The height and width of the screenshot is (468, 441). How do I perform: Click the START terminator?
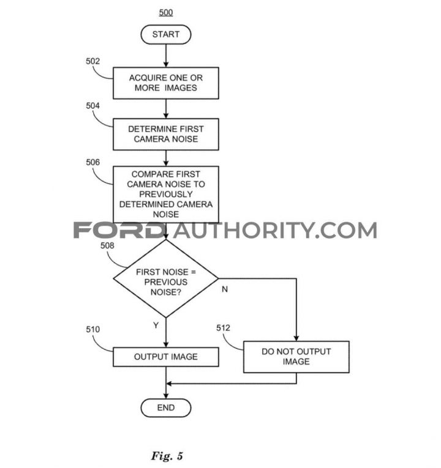(166, 35)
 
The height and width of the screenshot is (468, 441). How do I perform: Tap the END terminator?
(166, 407)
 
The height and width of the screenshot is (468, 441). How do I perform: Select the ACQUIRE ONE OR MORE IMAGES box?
(166, 83)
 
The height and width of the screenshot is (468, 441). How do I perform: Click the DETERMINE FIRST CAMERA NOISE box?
(166, 135)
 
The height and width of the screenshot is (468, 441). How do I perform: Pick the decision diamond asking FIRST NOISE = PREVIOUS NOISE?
(166, 279)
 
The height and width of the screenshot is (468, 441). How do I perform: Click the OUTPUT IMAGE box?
(166, 357)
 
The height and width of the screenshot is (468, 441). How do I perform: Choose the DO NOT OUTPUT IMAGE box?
(296, 357)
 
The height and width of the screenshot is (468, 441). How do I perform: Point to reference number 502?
(92, 61)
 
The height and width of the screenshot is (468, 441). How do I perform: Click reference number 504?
(92, 106)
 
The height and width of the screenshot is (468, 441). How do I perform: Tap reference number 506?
(92, 162)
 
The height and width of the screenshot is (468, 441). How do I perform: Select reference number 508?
(107, 246)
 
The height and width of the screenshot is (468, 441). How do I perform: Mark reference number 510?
(92, 330)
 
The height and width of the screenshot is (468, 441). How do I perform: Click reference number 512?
(223, 328)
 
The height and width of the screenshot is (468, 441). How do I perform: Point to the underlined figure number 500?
(166, 12)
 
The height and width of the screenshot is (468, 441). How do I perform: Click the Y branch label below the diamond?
(156, 325)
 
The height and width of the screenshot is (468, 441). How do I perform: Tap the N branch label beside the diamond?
(225, 289)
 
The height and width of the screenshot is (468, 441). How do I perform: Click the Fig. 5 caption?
(167, 456)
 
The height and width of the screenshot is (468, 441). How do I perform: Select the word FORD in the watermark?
(119, 230)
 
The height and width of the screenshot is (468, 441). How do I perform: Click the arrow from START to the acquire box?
(166, 56)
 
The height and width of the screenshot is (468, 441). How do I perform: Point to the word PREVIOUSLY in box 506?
(166, 195)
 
